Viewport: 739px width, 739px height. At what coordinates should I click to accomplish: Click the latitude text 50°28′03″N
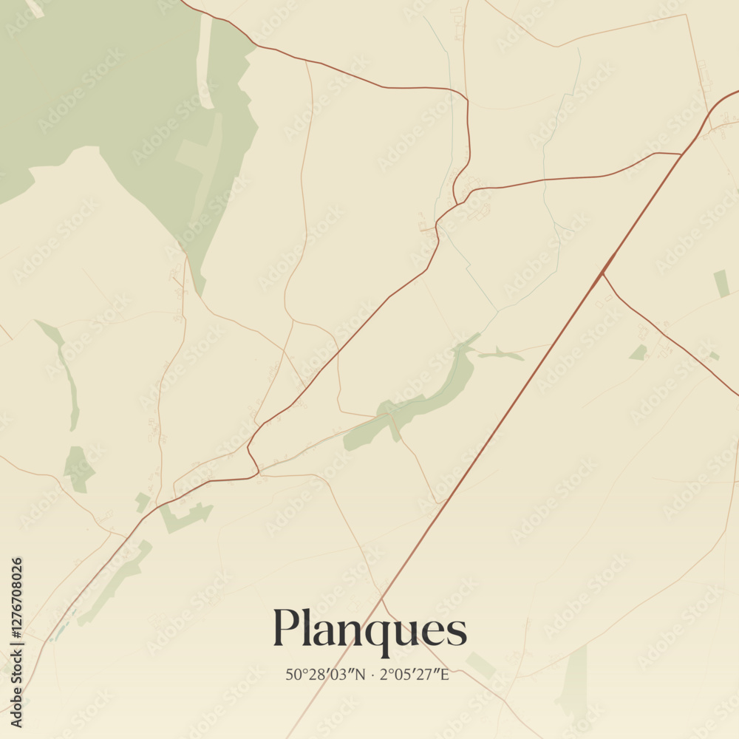coord(325,675)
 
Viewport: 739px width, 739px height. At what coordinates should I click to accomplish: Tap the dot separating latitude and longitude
coord(374,675)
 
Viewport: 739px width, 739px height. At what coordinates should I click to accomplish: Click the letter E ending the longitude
coord(444,675)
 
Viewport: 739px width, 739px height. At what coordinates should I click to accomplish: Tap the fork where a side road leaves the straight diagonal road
coord(603,273)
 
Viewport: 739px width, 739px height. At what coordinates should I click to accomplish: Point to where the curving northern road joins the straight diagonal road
coord(681,154)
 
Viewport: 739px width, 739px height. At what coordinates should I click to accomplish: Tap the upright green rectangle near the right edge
coord(721,284)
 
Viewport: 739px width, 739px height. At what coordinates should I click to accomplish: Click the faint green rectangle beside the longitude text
coord(480,665)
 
